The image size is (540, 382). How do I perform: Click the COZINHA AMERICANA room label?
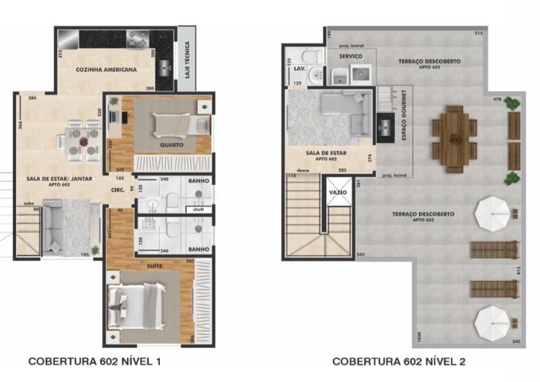pos(107,70)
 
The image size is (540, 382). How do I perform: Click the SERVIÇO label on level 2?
pos(351,55)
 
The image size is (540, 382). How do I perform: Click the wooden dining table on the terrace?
pos(454,139)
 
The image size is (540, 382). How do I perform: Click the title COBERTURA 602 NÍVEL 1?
pos(94,362)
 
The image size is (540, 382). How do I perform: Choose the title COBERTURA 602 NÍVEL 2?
pos(398,362)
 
